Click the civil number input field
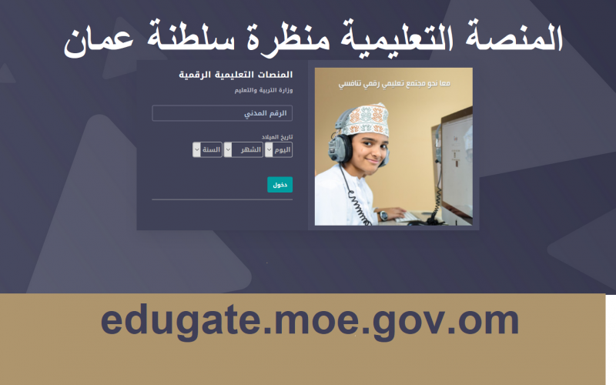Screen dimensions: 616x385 coord(222,113)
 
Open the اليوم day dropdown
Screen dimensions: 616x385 coord(279,149)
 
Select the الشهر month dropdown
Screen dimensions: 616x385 coord(243,149)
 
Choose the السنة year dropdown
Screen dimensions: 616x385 coord(207,149)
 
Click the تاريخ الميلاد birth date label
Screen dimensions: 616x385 coord(277,137)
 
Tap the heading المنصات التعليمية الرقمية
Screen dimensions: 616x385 coord(236,75)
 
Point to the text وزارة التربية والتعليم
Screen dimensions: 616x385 coord(263,90)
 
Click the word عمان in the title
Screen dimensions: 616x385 coord(99,41)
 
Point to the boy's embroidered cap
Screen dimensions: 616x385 coord(364,119)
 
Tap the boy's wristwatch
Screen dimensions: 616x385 coord(383,216)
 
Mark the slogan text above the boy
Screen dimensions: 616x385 coord(394,84)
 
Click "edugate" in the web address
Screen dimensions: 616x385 coord(181,321)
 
